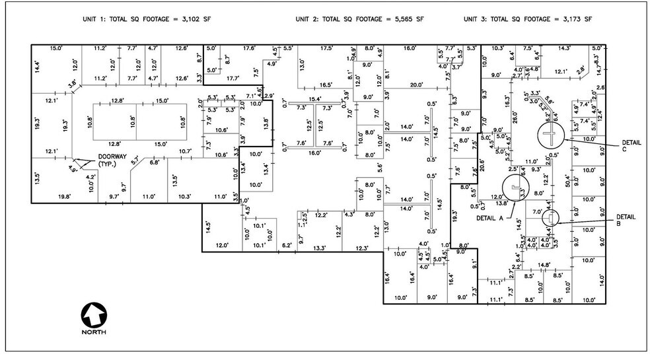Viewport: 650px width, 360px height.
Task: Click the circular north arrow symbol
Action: [x=92, y=314]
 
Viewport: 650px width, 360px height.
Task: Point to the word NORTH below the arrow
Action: [x=92, y=333]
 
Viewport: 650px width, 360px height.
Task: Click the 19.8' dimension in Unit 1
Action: [x=64, y=197]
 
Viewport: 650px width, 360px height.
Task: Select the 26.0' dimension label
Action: [x=515, y=115]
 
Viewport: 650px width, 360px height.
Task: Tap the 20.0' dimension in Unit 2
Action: [x=416, y=85]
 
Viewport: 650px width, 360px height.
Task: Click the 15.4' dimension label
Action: [x=315, y=98]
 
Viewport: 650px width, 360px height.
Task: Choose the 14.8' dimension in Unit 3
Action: [x=544, y=265]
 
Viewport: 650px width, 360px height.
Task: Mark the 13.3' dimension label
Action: [x=319, y=248]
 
